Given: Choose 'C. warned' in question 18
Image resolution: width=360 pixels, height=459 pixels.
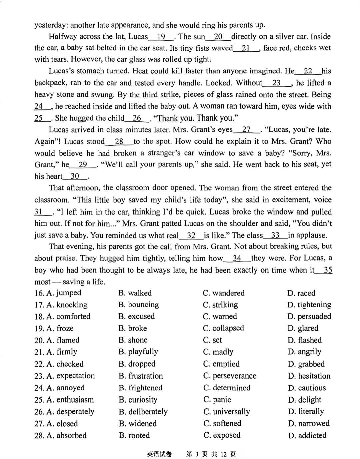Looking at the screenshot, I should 220,317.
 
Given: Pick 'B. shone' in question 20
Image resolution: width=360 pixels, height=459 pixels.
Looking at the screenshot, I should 133,340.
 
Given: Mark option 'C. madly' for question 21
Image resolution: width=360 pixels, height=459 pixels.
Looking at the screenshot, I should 218,352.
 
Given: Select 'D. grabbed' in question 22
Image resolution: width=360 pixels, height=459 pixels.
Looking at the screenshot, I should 306,364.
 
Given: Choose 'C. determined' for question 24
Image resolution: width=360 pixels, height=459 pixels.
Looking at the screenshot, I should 227,388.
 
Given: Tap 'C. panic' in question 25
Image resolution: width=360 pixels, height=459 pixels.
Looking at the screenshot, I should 217,400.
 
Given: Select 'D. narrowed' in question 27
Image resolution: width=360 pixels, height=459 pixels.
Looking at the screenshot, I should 309,424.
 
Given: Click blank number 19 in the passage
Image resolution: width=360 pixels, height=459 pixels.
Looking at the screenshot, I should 161,37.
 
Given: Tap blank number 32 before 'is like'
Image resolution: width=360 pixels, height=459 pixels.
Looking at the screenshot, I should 191,236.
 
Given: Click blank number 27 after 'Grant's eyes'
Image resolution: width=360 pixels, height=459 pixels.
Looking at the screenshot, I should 247,130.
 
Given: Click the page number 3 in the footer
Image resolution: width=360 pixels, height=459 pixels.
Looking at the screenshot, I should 197,454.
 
